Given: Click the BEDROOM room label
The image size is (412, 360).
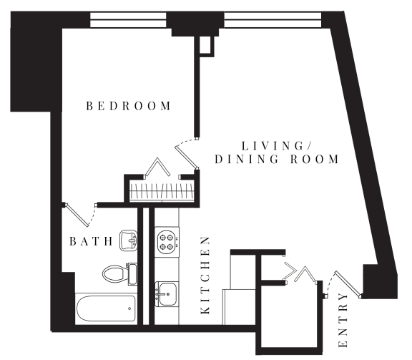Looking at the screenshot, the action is tap(129, 106).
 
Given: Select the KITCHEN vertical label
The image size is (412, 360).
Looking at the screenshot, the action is tap(205, 276).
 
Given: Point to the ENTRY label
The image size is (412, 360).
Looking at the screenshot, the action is tap(343, 321).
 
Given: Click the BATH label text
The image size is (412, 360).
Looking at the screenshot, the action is tap(91, 241).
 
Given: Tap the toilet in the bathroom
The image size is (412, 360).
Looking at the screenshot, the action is tap(119, 273).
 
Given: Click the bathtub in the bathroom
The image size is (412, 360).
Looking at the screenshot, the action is tap(106, 308).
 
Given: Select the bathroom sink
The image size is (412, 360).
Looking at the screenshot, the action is tap(129, 240).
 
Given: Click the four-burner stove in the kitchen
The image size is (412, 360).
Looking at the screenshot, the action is tap(167, 242).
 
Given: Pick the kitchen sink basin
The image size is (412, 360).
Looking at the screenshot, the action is tap(167, 294).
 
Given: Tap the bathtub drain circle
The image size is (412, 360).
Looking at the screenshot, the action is tap(129, 308).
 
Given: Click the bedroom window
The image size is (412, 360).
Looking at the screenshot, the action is tap(128, 20).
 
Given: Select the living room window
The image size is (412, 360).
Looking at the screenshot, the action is tap(273, 20).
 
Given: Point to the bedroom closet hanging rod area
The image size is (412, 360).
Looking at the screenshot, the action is tap(162, 191).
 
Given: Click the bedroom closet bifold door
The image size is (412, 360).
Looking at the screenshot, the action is tap(157, 167).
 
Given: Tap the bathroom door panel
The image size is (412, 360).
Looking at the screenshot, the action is tap(77, 215).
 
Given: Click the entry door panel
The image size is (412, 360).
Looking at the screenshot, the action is tap(348, 284).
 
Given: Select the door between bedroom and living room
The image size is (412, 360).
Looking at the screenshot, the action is tap(186, 157).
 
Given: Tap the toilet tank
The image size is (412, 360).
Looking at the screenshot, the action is tap(132, 274).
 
